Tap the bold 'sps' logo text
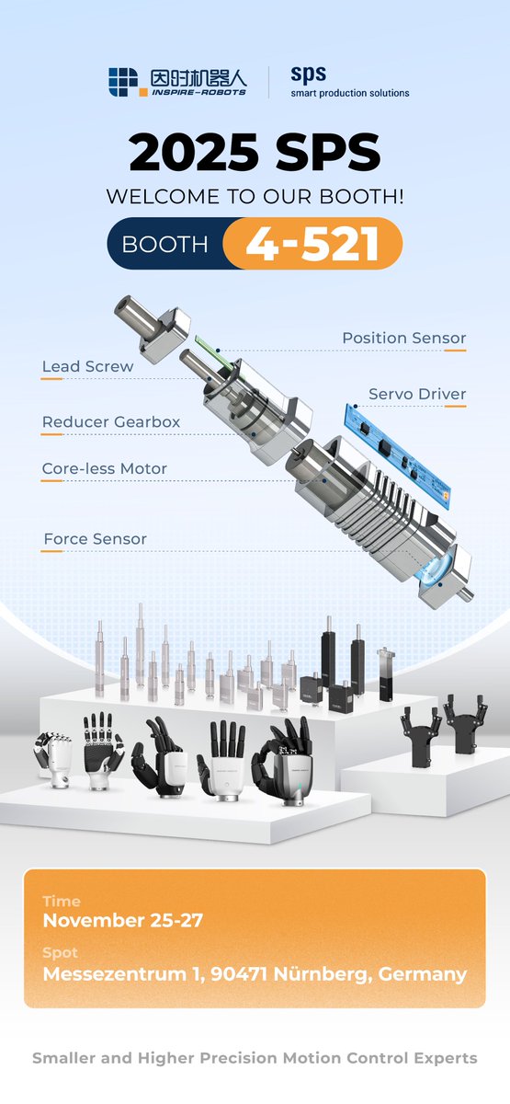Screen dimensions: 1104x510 (x=309, y=74)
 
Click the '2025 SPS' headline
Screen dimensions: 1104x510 (x=255, y=154)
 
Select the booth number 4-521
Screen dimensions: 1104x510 (x=313, y=244)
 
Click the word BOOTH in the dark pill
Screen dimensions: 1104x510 (x=164, y=245)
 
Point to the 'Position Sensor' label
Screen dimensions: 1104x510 (x=403, y=339)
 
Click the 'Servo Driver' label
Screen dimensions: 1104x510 (x=417, y=395)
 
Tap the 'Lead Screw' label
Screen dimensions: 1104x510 (x=87, y=367)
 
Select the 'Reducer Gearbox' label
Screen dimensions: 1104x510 (x=110, y=423)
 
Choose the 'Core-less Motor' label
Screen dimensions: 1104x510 (x=104, y=469)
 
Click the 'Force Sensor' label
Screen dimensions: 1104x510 (x=95, y=539)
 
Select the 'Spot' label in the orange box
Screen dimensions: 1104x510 (x=60, y=953)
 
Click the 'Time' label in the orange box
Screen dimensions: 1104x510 (x=62, y=902)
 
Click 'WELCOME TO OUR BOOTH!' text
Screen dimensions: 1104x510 (x=255, y=197)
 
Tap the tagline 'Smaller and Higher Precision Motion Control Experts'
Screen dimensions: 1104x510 (x=255, y=1058)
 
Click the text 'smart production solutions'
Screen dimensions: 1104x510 (x=350, y=93)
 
